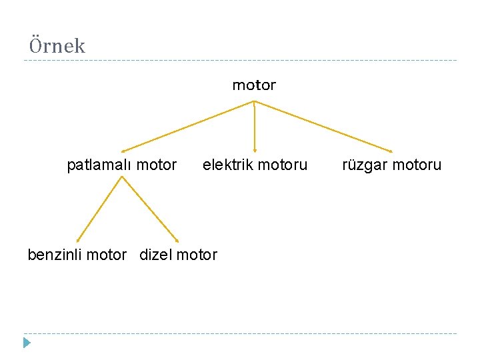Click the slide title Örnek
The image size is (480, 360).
[x=57, y=46]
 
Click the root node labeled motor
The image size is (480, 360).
[x=253, y=85]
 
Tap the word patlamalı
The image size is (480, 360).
[x=96, y=165]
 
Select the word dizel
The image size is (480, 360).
[x=154, y=255]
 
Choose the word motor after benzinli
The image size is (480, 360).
[x=106, y=255]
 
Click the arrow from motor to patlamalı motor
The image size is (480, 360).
[x=187, y=126]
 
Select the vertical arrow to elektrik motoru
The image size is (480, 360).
[x=254, y=127]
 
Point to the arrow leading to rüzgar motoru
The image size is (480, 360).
[x=323, y=126]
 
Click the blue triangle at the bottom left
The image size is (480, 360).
[x=26, y=343]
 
